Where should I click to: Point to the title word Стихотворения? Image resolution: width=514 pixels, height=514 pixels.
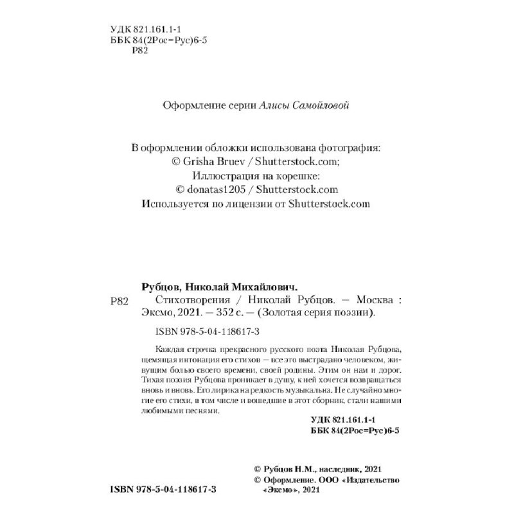[x=190, y=300]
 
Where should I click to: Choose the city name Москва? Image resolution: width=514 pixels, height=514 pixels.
[x=373, y=300]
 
